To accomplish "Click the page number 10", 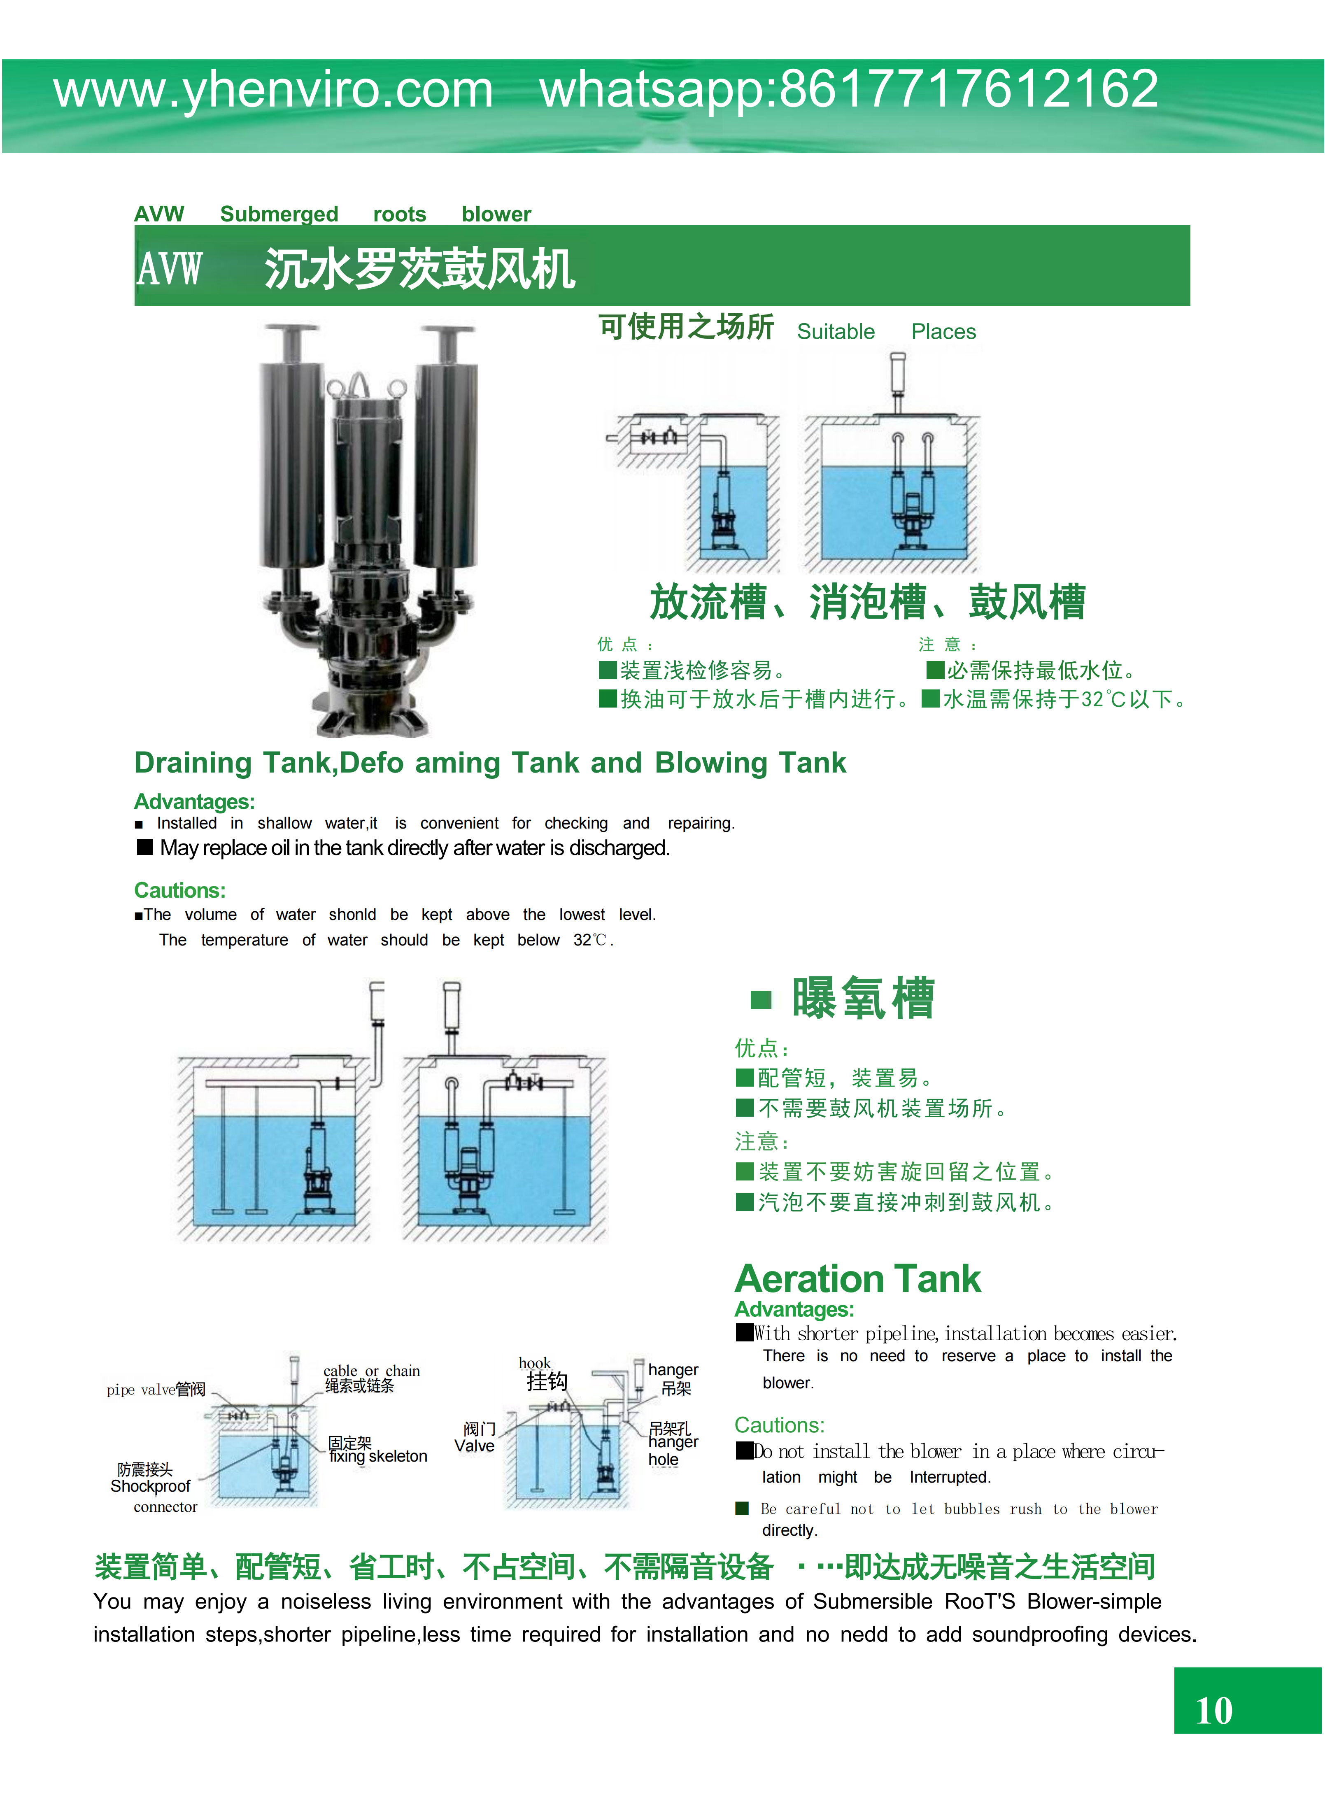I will click(x=1213, y=1710).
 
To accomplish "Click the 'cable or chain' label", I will click(x=371, y=1370).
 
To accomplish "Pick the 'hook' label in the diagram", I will click(x=534, y=1363).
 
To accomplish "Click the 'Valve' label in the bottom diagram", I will click(x=474, y=1446).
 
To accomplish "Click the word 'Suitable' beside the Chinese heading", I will click(x=836, y=332).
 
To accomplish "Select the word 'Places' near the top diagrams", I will click(x=943, y=332).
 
